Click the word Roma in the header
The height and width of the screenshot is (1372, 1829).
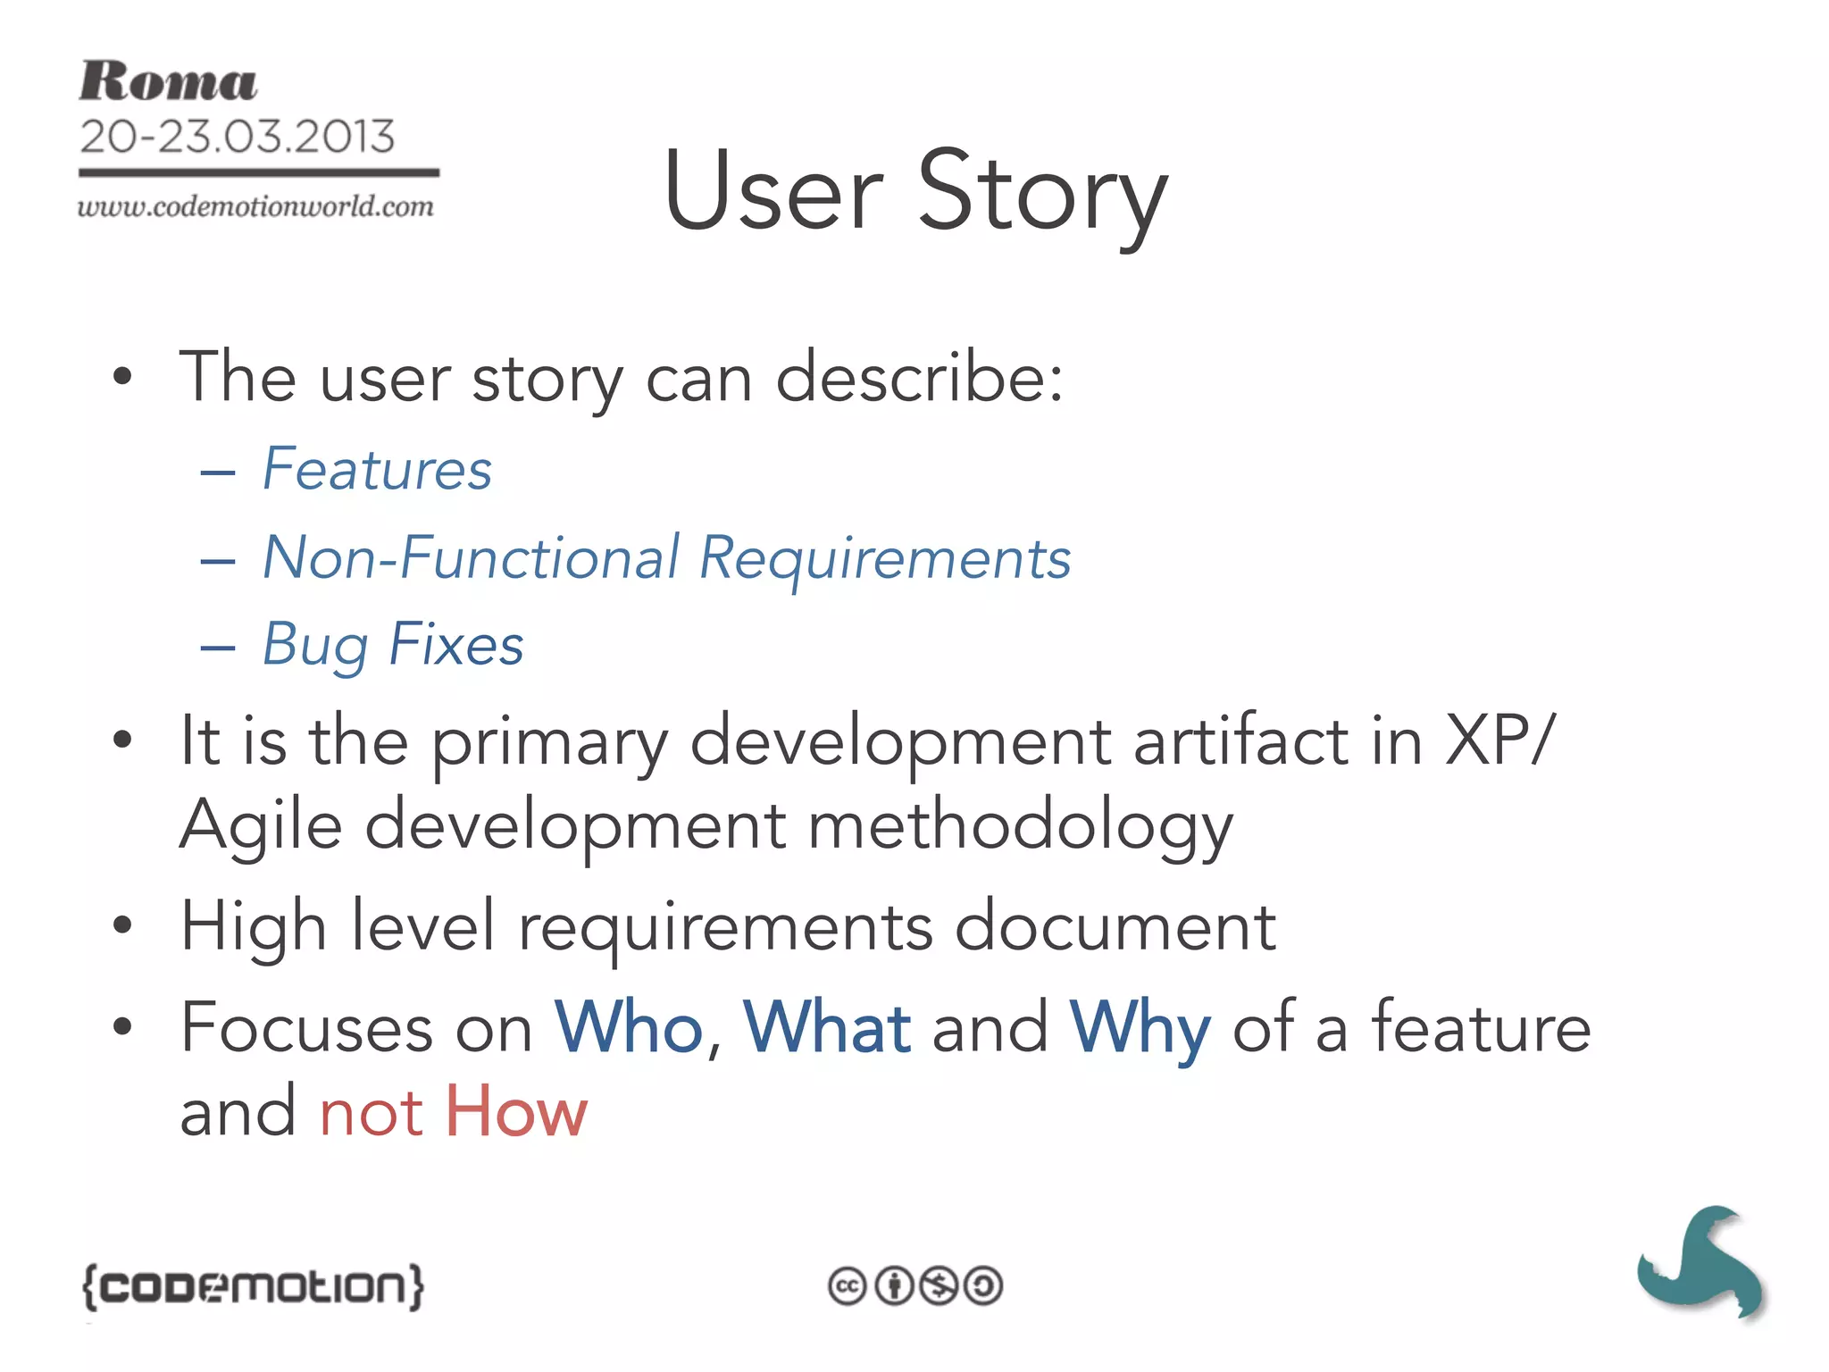168,82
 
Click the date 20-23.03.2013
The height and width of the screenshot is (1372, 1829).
237,137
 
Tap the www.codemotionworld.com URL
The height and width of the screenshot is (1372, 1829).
255,206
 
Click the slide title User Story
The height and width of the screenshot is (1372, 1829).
915,192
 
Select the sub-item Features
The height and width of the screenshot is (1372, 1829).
377,469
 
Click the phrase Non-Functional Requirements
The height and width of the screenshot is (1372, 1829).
666,558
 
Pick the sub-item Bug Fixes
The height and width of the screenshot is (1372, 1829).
393,645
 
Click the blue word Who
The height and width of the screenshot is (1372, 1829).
629,1027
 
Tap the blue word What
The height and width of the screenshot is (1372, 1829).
827,1027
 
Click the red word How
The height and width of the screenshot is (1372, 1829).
516,1112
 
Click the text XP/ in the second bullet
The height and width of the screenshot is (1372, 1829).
1500,740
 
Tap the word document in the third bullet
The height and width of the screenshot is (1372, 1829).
1115,926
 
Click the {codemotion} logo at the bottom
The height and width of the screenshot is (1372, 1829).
254,1287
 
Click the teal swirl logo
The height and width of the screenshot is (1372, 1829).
1701,1262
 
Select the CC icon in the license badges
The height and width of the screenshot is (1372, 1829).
847,1287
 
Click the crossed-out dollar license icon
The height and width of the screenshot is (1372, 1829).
939,1287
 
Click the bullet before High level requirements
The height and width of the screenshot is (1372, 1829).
122,924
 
